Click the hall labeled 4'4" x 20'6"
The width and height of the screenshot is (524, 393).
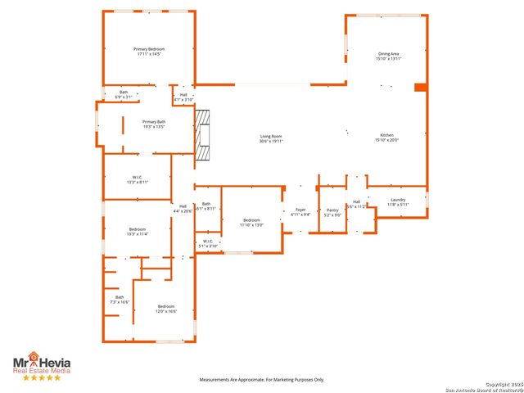point(183,209)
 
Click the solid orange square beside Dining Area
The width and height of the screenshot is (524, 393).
point(421,88)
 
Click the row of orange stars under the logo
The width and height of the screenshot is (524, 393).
point(41,377)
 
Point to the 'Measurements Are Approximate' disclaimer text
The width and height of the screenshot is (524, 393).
point(263,380)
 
